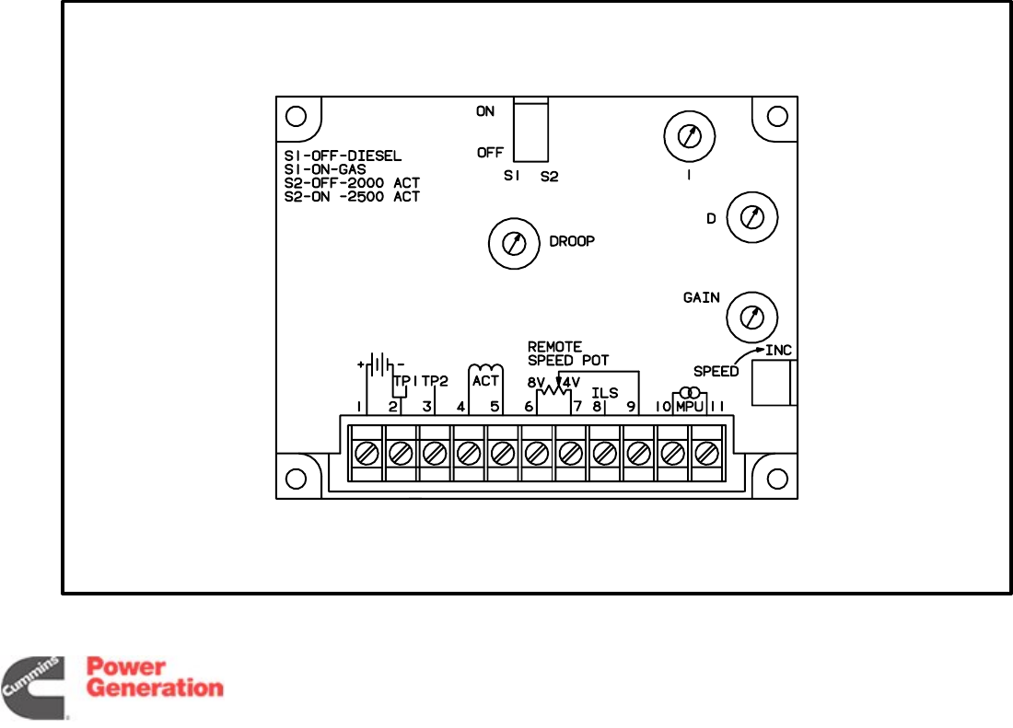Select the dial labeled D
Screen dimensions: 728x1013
pos(753,217)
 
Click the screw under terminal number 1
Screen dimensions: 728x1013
pos(367,453)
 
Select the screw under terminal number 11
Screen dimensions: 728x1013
pos(706,453)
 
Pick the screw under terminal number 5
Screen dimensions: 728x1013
pos(503,453)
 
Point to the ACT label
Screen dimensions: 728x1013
pos(485,380)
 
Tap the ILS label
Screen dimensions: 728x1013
pos(604,393)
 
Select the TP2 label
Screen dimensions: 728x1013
pos(435,380)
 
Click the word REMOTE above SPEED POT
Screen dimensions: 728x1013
pos(554,347)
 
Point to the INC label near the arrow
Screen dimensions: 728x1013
pos(778,351)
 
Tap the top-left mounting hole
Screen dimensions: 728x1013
pos(296,117)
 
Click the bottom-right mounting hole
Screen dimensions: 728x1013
pos(777,479)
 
